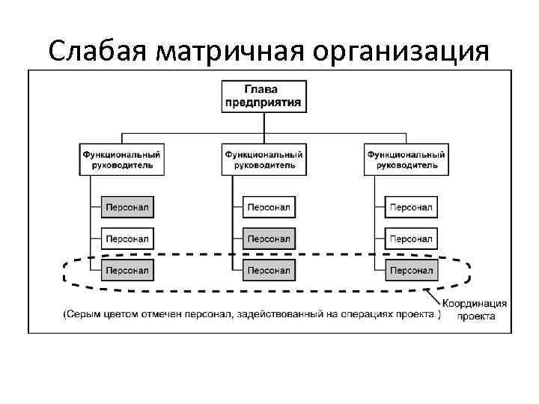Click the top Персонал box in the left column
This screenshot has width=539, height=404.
pos(127,206)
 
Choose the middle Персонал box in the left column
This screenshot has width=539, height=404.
pos(127,239)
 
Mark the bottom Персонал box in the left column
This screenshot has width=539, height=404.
pos(127,269)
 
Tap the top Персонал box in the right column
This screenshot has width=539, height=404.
pos(411,206)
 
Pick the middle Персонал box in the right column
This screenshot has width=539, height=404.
pos(411,239)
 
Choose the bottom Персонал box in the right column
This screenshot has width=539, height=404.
pos(411,269)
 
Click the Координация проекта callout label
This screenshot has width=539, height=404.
pos(475,310)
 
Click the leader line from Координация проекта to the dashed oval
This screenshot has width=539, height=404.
pos(432,294)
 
